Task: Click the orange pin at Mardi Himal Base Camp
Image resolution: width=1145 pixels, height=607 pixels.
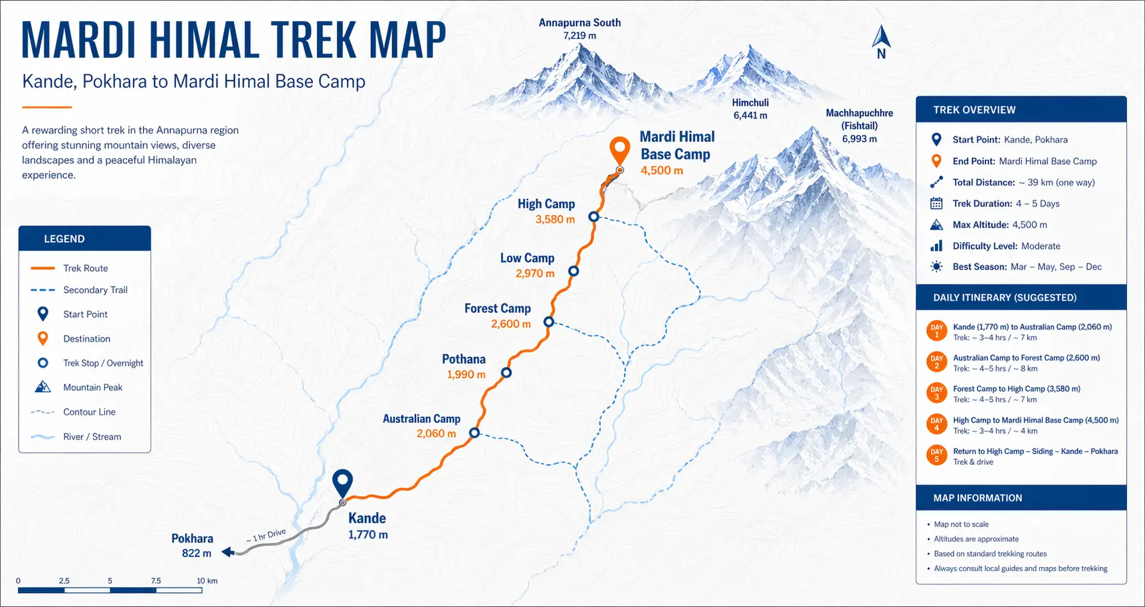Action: point(619,149)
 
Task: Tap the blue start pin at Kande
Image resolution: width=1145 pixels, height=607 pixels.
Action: point(342,482)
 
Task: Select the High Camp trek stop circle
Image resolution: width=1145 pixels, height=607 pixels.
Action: point(593,217)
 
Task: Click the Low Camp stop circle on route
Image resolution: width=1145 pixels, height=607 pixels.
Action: point(573,271)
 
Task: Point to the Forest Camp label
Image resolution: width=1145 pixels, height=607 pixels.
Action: point(497,308)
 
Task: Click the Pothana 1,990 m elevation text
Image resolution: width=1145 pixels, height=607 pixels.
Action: point(466,375)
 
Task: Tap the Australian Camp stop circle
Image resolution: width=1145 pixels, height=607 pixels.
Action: point(474,433)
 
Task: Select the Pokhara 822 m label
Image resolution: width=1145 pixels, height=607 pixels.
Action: point(193,545)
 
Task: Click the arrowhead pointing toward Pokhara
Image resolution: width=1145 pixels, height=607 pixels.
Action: point(227,552)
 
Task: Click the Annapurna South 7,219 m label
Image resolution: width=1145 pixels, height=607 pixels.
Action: point(579,29)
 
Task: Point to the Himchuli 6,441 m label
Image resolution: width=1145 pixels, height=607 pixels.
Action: point(750,109)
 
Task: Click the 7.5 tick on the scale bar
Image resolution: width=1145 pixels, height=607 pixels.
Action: point(156,581)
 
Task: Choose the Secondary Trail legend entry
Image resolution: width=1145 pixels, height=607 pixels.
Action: point(95,290)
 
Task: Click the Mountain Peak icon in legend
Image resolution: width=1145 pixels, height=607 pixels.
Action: point(43,387)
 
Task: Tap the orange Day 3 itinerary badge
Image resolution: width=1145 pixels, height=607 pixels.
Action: point(936,393)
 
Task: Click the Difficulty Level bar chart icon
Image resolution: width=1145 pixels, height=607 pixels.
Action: point(936,246)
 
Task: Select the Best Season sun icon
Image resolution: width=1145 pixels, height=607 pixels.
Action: point(936,267)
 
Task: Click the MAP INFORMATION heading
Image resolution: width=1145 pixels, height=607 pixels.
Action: point(978,498)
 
